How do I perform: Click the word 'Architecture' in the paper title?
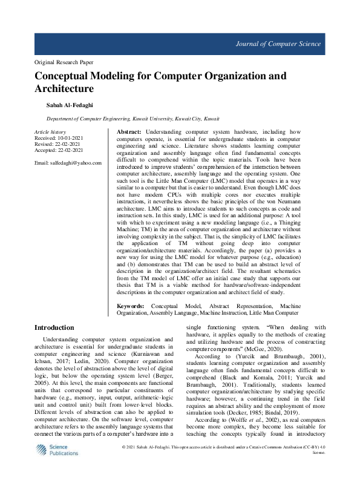tap(64, 89)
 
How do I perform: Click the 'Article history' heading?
tap(50, 132)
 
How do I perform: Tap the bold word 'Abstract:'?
tap(129, 132)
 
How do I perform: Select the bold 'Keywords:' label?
tap(130, 307)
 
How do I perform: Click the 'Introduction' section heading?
tap(54, 327)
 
